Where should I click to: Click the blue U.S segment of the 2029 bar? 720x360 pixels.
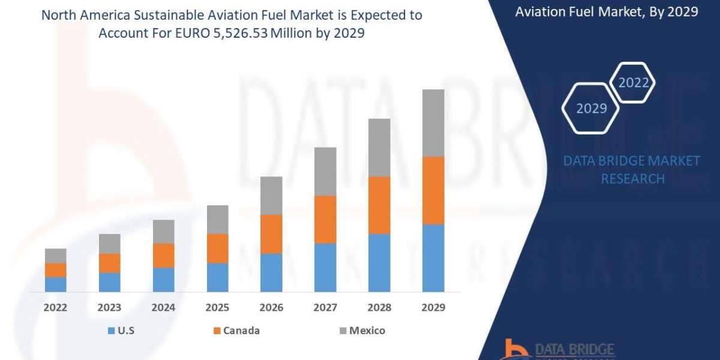tap(433, 258)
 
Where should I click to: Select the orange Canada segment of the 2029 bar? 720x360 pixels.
tap(433, 190)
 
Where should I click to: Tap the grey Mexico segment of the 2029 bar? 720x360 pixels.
tap(433, 123)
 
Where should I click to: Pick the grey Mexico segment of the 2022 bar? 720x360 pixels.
tap(56, 256)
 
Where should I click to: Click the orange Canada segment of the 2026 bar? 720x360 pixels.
tap(271, 234)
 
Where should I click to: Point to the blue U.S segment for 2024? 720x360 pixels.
tap(163, 280)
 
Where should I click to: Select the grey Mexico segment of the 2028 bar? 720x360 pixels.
tap(379, 148)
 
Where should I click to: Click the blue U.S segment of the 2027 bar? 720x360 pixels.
tap(325, 268)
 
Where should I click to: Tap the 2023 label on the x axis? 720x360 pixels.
tap(109, 308)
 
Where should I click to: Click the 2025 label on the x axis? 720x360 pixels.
tap(217, 308)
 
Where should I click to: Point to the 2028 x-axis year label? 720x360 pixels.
tap(379, 308)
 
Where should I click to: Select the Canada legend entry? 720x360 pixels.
tap(238, 331)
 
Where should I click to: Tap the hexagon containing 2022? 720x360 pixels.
tap(633, 83)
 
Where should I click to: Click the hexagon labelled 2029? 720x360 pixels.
tap(591, 109)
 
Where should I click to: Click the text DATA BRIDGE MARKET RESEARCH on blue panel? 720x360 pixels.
tap(632, 170)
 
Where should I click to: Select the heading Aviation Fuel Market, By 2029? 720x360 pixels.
tap(607, 11)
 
